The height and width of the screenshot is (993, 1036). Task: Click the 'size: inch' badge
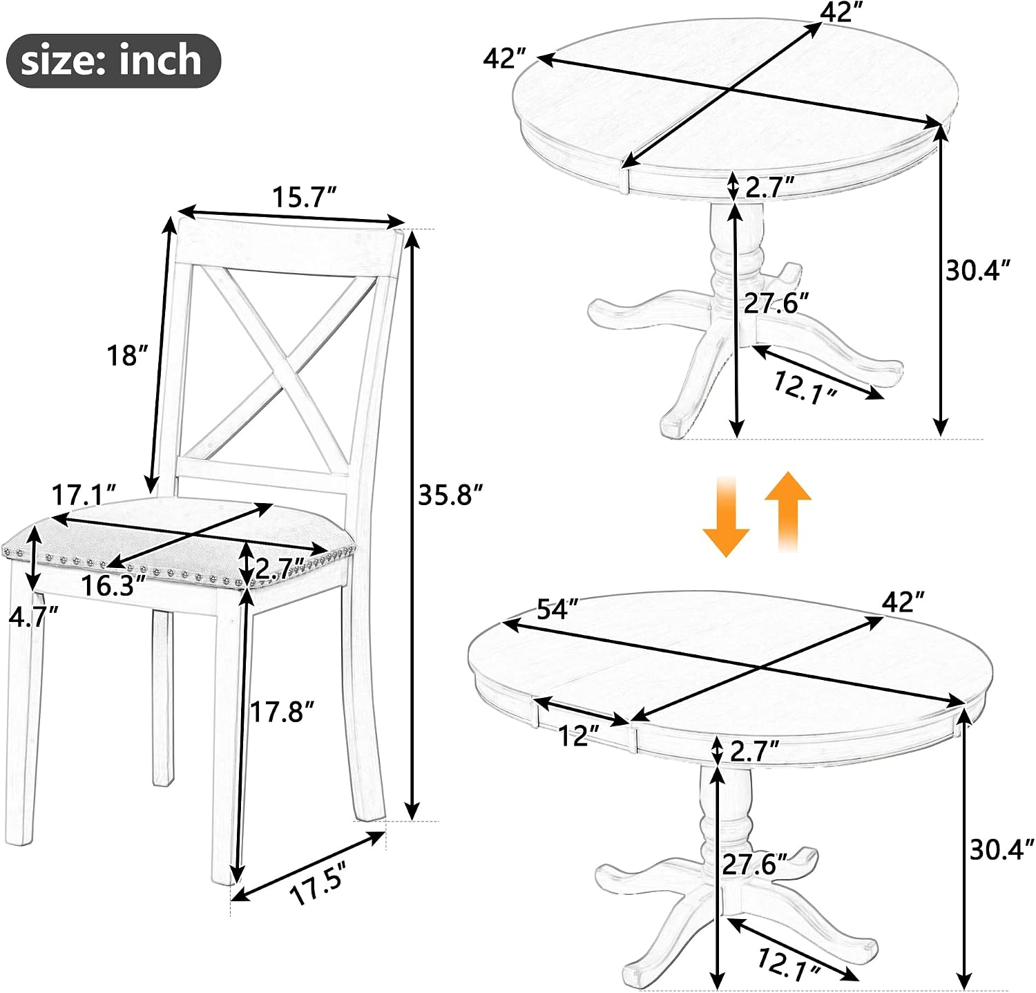pyautogui.click(x=113, y=60)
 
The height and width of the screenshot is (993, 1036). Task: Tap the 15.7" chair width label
pyautogui.click(x=303, y=198)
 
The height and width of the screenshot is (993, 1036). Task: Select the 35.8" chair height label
pyautogui.click(x=450, y=495)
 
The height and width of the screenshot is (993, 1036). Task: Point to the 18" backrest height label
pyautogui.click(x=128, y=356)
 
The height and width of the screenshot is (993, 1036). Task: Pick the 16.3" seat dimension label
pyautogui.click(x=114, y=586)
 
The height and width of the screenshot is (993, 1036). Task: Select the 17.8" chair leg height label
pyautogui.click(x=282, y=711)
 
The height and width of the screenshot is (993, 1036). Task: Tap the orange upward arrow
pyautogui.click(x=788, y=511)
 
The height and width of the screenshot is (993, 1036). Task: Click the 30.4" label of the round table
pyautogui.click(x=978, y=270)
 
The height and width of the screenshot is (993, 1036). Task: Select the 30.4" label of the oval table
pyautogui.click(x=1002, y=849)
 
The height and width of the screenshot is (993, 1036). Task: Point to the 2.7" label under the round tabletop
pyautogui.click(x=769, y=187)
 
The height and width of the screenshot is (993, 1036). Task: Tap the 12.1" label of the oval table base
pyautogui.click(x=789, y=965)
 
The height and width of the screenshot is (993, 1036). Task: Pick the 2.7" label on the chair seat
pyautogui.click(x=280, y=568)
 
